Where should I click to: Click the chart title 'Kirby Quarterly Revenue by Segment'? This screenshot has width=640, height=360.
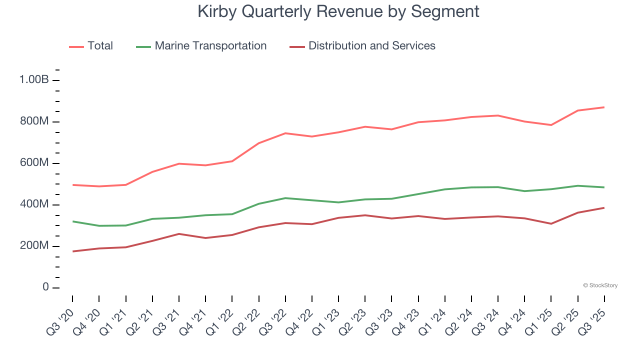pyautogui.click(x=338, y=11)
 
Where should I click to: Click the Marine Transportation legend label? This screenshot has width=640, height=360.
pyautogui.click(x=210, y=46)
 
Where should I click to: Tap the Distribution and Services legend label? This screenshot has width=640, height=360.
pyautogui.click(x=371, y=46)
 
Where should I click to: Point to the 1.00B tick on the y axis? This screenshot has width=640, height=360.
pyautogui.click(x=33, y=80)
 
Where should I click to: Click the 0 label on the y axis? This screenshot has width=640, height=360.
pyautogui.click(x=45, y=287)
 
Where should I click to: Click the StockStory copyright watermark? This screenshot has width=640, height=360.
pyautogui.click(x=600, y=285)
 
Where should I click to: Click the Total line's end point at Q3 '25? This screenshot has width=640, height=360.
pyautogui.click(x=604, y=107)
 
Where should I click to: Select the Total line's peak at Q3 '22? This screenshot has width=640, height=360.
pyautogui.click(x=285, y=133)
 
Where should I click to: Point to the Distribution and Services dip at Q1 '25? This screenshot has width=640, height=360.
pyautogui.click(x=551, y=223)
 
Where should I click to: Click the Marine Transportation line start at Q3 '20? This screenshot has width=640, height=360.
pyautogui.click(x=72, y=221)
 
